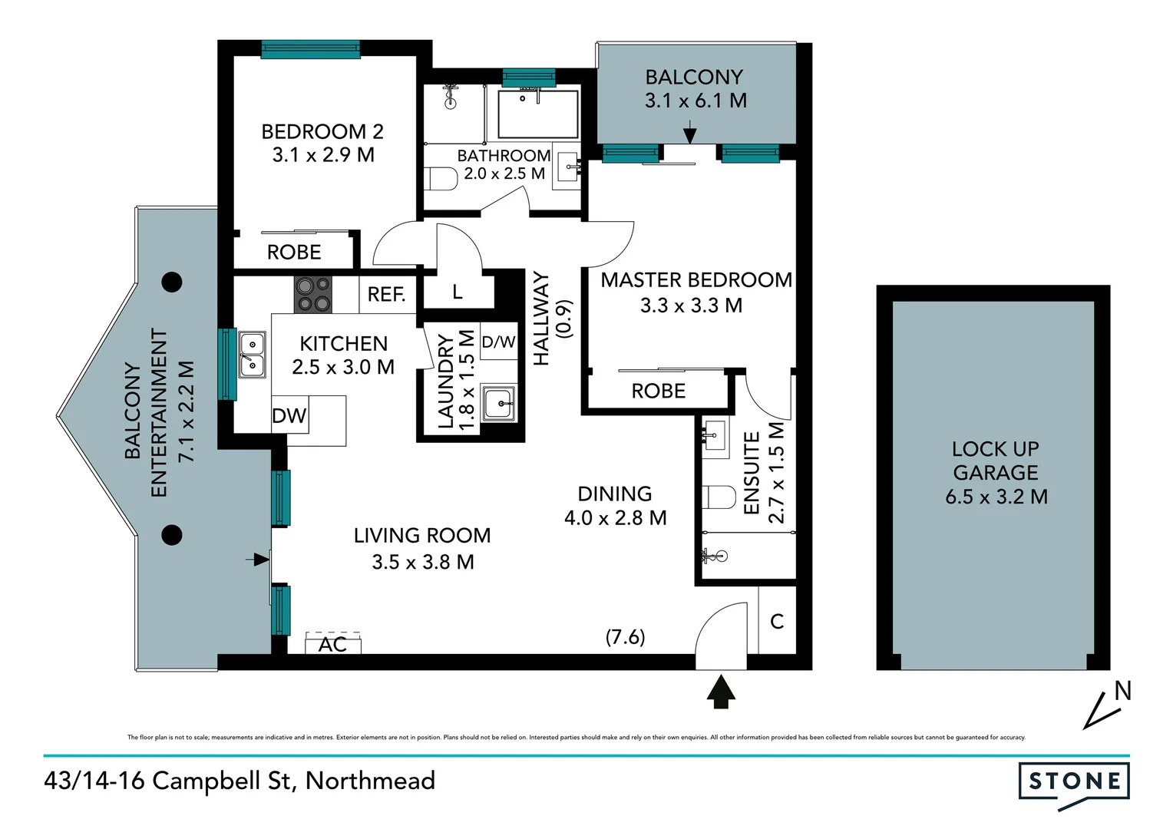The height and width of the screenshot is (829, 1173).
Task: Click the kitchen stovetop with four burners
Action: click(x=312, y=295)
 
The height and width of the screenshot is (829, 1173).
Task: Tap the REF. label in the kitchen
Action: click(x=386, y=295)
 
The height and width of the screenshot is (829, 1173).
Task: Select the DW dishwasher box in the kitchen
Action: click(x=289, y=416)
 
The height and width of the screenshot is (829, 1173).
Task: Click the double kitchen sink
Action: click(x=252, y=355)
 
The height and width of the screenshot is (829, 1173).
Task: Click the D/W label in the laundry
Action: click(x=498, y=342)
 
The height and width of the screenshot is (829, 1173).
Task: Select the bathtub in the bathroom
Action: click(x=537, y=115)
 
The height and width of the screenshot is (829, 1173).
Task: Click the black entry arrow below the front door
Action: click(x=720, y=691)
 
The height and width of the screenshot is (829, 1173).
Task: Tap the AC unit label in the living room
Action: click(x=332, y=645)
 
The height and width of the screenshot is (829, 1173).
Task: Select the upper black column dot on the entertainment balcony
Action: click(x=172, y=282)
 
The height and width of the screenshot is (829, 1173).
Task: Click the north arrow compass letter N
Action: click(x=1122, y=692)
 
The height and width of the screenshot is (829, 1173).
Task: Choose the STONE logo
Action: click(x=1073, y=782)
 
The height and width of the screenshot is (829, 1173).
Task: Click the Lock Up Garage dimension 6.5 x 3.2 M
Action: click(x=996, y=497)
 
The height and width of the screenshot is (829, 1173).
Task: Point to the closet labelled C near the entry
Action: click(x=777, y=621)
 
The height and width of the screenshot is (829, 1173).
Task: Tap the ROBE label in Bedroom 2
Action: click(x=294, y=253)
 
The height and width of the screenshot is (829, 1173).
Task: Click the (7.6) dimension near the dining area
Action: click(x=625, y=637)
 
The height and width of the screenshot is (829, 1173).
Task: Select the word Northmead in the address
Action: click(x=370, y=781)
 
